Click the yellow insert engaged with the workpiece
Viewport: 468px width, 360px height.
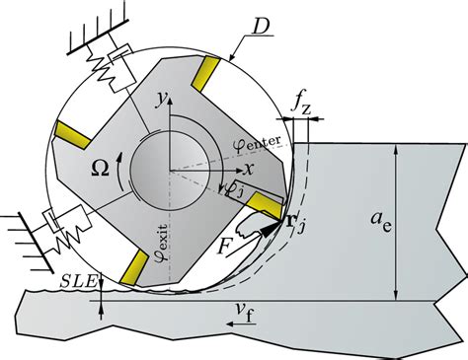pos(266,205)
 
